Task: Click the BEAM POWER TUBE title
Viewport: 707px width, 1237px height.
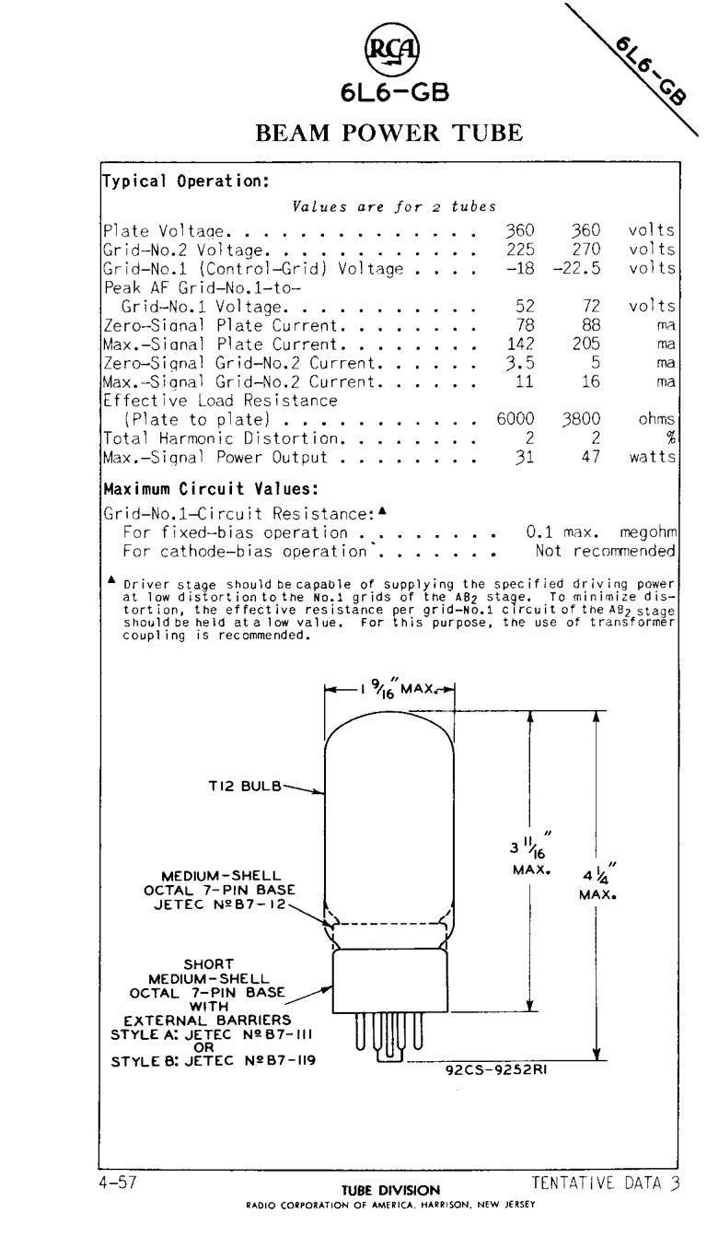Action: [x=389, y=132]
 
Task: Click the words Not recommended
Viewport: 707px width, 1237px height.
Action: [x=605, y=552]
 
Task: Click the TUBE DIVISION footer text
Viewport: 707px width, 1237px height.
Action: [x=391, y=1190]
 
